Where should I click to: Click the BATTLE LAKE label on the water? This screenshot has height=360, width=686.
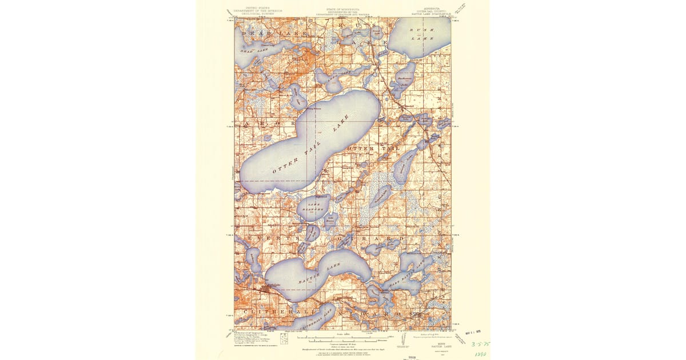(x=314, y=275)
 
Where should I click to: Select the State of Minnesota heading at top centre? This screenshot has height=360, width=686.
(x=343, y=11)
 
